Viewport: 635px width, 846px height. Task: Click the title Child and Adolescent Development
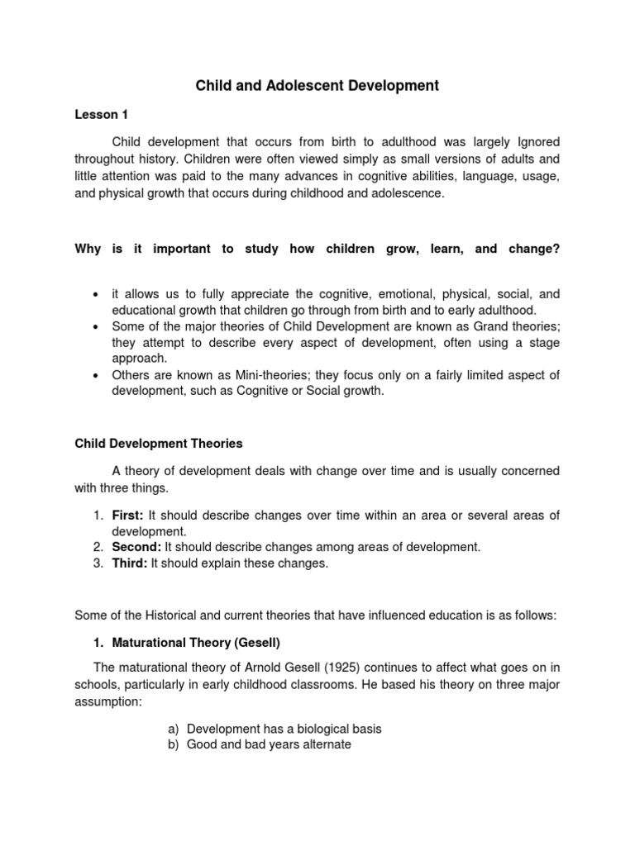pyautogui.click(x=317, y=85)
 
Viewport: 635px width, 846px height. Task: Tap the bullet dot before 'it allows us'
pyautogui.click(x=97, y=293)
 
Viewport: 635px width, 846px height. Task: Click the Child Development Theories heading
pyautogui.click(x=159, y=444)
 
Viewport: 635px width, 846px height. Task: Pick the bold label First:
pyautogui.click(x=128, y=515)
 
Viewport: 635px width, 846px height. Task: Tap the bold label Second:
pyautogui.click(x=136, y=547)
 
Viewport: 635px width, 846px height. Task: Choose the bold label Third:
pyautogui.click(x=130, y=563)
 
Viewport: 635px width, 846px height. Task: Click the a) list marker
pyautogui.click(x=172, y=729)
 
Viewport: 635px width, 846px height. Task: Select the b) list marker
pyautogui.click(x=172, y=744)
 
